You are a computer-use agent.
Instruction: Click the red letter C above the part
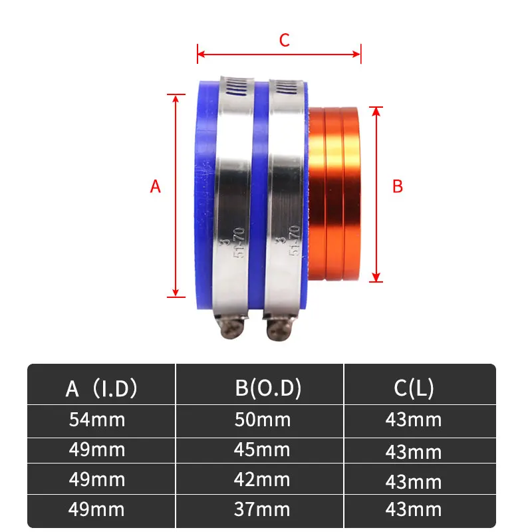[284, 41]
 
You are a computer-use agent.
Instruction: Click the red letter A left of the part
[156, 187]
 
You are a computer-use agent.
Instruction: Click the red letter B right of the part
[398, 187]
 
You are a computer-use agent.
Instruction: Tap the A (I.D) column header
[101, 388]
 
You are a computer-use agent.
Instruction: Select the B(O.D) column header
[268, 388]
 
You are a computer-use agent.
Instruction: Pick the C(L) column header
[414, 388]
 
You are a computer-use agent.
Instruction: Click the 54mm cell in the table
[97, 420]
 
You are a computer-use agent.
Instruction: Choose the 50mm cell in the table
[262, 420]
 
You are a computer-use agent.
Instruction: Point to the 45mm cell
[262, 450]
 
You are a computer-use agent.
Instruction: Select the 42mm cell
[262, 479]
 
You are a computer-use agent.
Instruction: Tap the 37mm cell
[262, 509]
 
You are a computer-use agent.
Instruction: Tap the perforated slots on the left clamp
[234, 88]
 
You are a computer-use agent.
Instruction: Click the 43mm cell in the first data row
[414, 420]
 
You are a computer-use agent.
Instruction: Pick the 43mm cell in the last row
[414, 509]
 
